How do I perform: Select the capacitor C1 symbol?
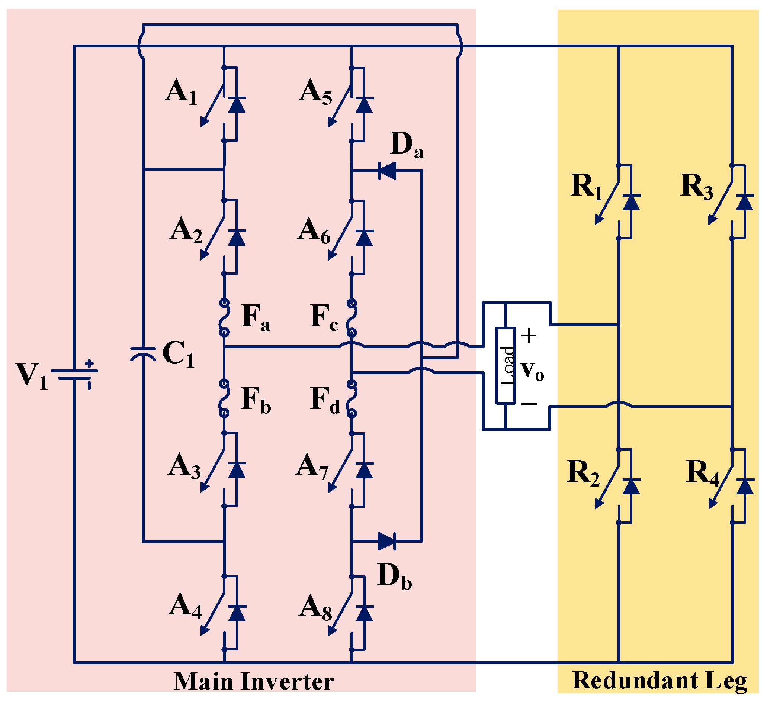pos(143,354)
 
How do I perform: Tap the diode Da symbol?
pos(387,170)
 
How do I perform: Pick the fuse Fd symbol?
pos(352,398)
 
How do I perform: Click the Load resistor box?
pos(506,365)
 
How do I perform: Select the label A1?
pos(181,93)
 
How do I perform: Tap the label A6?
pos(314,232)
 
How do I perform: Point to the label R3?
pos(696,187)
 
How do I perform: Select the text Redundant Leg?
pos(660,681)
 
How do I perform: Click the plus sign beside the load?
pos(529,336)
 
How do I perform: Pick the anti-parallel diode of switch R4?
pos(745,486)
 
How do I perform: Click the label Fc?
pos(324,318)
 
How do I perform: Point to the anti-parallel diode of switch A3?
pos(237,470)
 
